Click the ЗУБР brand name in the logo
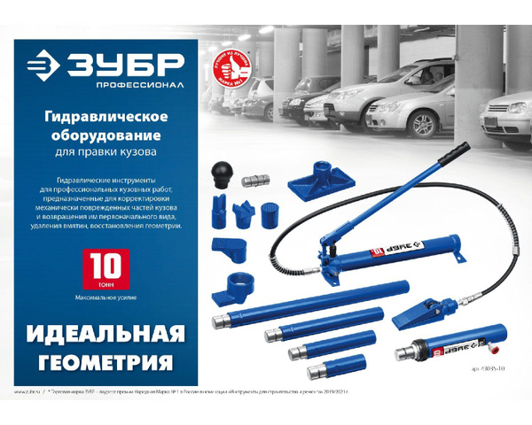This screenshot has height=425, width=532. [133, 66]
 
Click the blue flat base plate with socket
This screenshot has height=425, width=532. [315, 189]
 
